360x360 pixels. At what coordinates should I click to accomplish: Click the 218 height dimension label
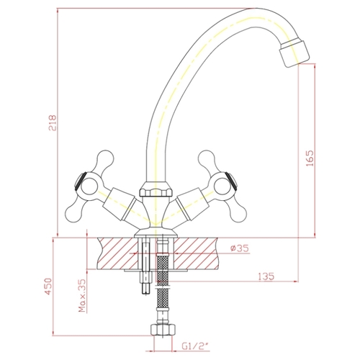coord(53,122)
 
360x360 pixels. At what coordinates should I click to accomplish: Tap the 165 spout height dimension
coord(310,158)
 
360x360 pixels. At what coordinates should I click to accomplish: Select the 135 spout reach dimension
coord(266,276)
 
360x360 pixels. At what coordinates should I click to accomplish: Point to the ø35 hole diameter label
coord(240,248)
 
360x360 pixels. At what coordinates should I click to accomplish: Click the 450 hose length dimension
coord(48,287)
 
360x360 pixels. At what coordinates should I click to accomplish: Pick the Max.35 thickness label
coord(83,295)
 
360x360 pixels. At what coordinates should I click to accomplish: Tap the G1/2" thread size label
coord(196,346)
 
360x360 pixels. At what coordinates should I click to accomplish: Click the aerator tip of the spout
coord(294,53)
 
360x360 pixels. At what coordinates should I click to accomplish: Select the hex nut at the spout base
coord(156,189)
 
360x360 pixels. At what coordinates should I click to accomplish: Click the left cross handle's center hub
coord(89,186)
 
